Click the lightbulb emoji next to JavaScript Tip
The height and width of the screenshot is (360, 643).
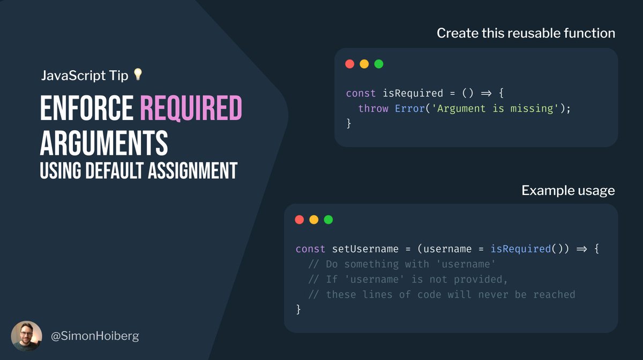pyautogui.click(x=137, y=74)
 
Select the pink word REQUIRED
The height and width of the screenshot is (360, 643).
pyautogui.click(x=191, y=109)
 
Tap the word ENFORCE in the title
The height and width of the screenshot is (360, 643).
pyautogui.click(x=86, y=109)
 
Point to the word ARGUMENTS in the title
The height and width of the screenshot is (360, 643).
pyautogui.click(x=104, y=143)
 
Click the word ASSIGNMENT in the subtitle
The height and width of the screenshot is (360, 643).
pyautogui.click(x=190, y=170)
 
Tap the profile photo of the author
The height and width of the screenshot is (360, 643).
pyautogui.click(x=26, y=336)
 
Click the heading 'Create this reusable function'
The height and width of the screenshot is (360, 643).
pyautogui.click(x=526, y=33)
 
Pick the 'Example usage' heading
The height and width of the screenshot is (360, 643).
pyautogui.click(x=568, y=190)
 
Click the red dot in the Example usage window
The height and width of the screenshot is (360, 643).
pyautogui.click(x=300, y=220)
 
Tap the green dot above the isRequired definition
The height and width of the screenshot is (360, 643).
pyautogui.click(x=379, y=64)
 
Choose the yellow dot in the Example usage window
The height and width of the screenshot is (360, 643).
pyautogui.click(x=314, y=220)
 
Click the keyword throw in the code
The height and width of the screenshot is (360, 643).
pyautogui.click(x=373, y=108)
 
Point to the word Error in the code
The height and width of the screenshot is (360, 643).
pyautogui.click(x=410, y=108)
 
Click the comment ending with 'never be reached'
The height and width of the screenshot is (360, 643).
pyautogui.click(x=442, y=294)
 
